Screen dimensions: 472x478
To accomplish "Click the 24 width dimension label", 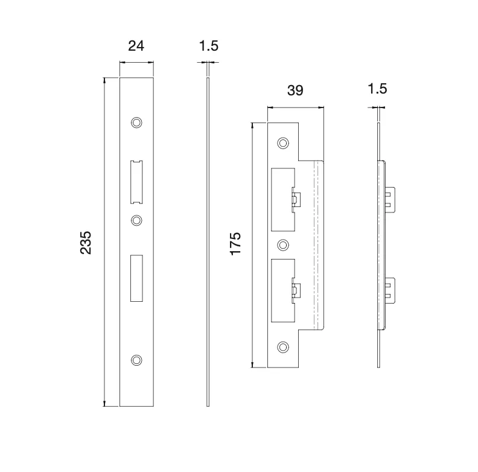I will [x=136, y=46].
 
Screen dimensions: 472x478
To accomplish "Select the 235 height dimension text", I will [x=87, y=241].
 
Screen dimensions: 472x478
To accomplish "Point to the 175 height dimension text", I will [x=235, y=243].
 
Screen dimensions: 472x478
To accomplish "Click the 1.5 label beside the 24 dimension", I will [x=208, y=46].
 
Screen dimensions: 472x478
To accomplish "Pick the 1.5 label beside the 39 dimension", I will [x=377, y=90].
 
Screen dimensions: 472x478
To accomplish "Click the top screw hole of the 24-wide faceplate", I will [x=137, y=123].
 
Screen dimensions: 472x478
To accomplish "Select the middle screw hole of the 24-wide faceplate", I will [x=137, y=220].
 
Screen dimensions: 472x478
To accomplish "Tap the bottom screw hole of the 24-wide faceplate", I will [x=137, y=360].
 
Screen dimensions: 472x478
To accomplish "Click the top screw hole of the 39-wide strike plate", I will [x=282, y=143].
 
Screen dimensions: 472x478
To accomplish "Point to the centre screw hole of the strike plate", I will [x=282, y=244].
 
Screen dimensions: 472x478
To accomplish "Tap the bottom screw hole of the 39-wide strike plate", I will [x=282, y=346].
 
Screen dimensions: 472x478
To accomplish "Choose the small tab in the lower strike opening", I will [x=296, y=290].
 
